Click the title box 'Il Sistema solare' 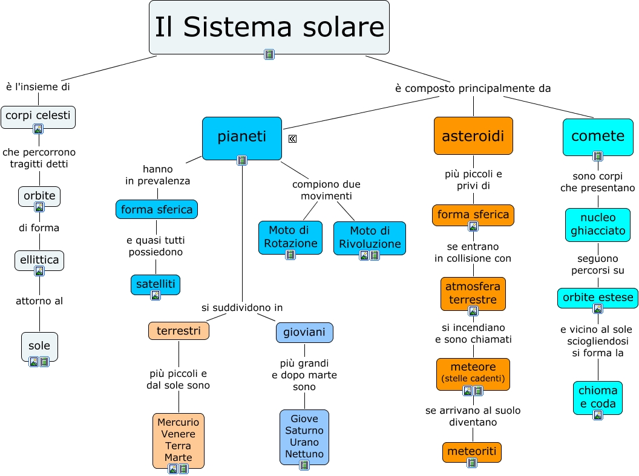(x=269, y=27)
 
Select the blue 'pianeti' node (x=241, y=137)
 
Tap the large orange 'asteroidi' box (x=473, y=136)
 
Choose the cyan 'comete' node (x=597, y=135)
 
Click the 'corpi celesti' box (x=38, y=115)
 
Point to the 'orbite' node (x=39, y=195)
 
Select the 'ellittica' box (x=39, y=259)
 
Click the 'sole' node (x=39, y=346)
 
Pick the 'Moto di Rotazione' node (x=290, y=237)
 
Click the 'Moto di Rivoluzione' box (x=369, y=237)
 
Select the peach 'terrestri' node (x=179, y=331)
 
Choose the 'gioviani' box (x=304, y=332)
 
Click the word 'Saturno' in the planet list (x=304, y=431)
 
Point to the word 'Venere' (x=178, y=434)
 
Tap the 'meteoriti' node (x=472, y=451)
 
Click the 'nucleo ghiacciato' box (x=598, y=224)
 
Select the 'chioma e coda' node (x=598, y=397)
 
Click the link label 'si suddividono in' (x=242, y=308)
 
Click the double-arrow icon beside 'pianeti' (x=292, y=139)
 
